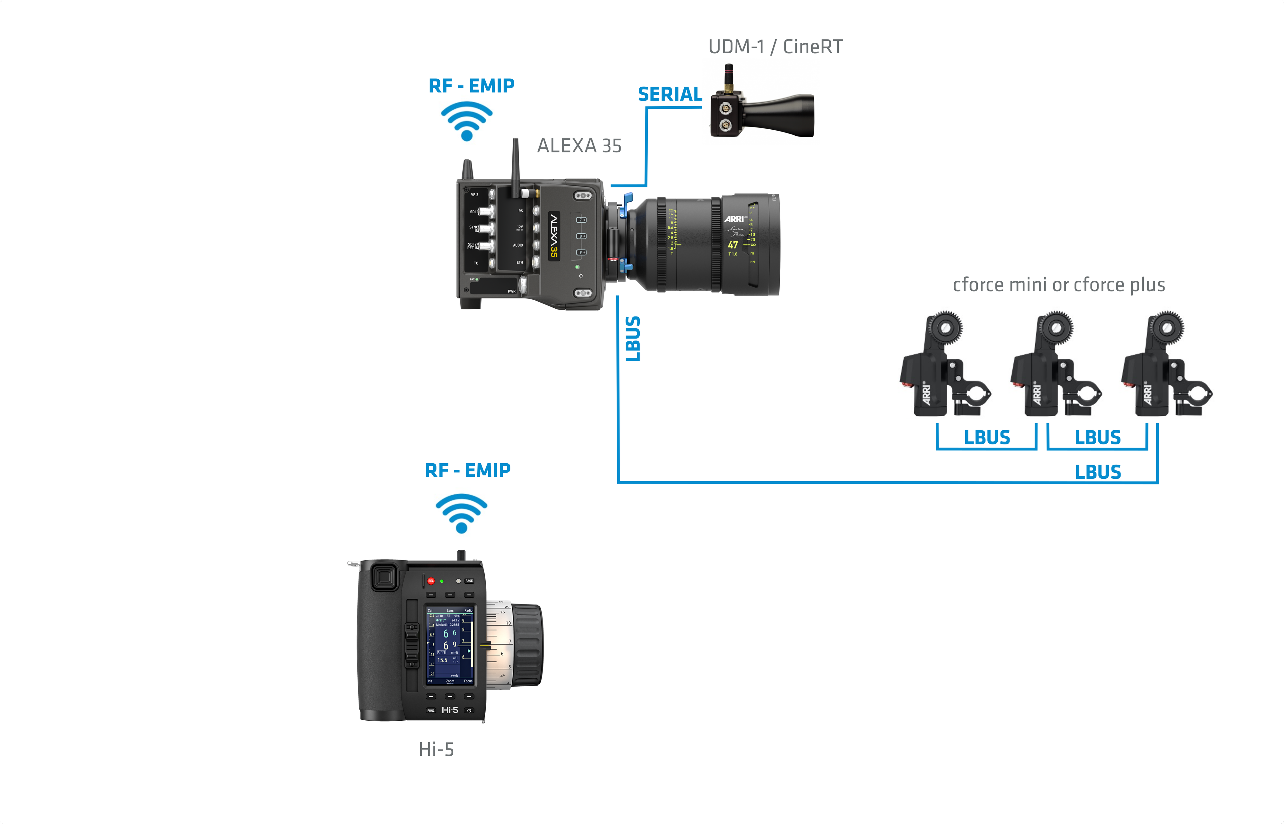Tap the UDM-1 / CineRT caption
pyautogui.click(x=775, y=47)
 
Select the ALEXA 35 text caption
pyautogui.click(x=579, y=146)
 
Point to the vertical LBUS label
pyautogui.click(x=633, y=339)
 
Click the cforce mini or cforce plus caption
pyautogui.click(x=1058, y=285)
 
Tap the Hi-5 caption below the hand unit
pyautogui.click(x=436, y=749)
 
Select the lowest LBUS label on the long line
pyautogui.click(x=1098, y=472)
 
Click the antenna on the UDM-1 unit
pyautogui.click(x=728, y=78)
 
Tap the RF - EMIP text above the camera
pyautogui.click(x=471, y=86)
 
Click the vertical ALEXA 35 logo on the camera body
pyautogui.click(x=554, y=236)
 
